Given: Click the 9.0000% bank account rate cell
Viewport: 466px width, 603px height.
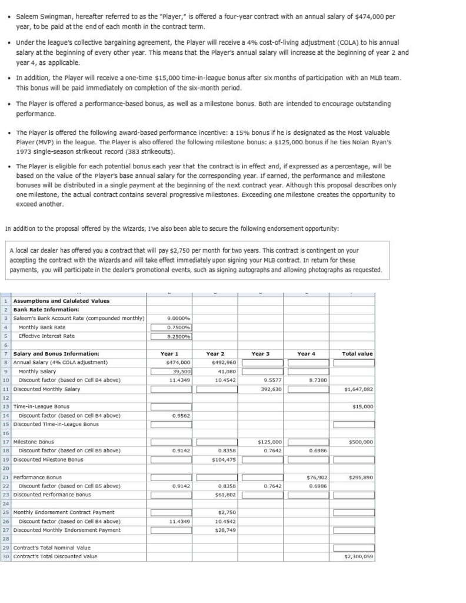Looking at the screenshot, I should (x=169, y=318).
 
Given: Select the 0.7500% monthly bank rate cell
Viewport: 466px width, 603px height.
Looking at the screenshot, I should (x=169, y=327).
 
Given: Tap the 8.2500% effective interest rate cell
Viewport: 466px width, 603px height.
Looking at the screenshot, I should (x=169, y=336).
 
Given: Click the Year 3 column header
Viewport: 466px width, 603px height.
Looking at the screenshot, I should (x=261, y=353).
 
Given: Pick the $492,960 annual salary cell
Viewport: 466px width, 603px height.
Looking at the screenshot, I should (x=215, y=362).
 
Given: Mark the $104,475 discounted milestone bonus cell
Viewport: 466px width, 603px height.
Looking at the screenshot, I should (x=215, y=459).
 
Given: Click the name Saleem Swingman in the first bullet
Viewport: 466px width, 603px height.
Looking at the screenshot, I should (x=38, y=16).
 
